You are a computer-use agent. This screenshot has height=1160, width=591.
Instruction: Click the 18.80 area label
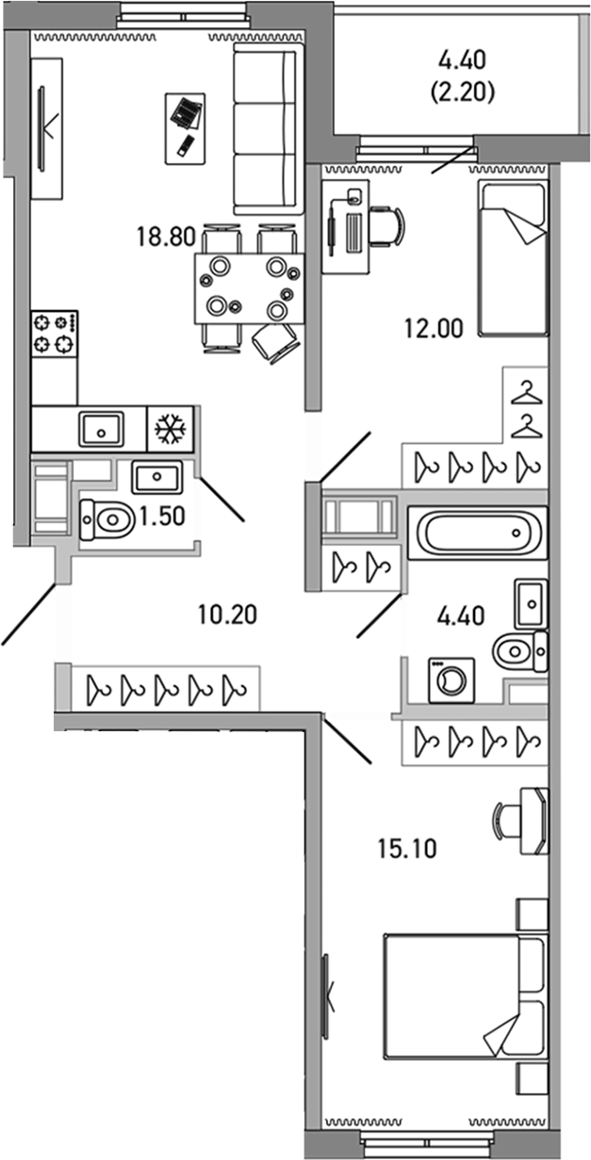tap(166, 237)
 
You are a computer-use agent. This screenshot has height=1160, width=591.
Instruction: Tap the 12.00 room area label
tap(434, 328)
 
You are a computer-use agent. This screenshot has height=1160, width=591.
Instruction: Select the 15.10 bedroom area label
tap(407, 849)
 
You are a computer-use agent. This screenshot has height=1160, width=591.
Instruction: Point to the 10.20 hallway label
tap(227, 614)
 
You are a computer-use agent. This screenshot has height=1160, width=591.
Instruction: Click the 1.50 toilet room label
tap(162, 516)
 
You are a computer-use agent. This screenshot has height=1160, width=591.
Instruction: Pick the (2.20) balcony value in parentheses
tap(462, 92)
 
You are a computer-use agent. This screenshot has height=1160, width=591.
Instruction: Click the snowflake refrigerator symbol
tap(171, 429)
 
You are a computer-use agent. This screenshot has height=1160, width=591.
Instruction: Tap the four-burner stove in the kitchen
tap(55, 334)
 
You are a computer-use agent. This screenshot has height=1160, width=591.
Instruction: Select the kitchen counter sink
tap(102, 430)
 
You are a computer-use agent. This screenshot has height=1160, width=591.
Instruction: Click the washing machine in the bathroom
tap(451, 680)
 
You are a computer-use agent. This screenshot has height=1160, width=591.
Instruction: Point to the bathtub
tap(477, 533)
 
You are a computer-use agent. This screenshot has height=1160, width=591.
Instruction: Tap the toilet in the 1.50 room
tap(106, 519)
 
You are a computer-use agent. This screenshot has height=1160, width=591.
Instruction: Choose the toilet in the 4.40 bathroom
tap(519, 651)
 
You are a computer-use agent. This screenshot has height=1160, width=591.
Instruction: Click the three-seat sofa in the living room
tap(268, 129)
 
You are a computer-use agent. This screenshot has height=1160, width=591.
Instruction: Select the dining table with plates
tap(249, 288)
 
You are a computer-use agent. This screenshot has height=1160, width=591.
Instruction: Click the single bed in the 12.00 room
tap(512, 258)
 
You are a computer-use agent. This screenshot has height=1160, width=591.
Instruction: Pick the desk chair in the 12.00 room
tap(386, 225)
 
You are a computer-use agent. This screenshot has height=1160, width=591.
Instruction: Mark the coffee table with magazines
tap(185, 129)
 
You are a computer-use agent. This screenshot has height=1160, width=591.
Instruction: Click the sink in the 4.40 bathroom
tap(531, 604)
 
